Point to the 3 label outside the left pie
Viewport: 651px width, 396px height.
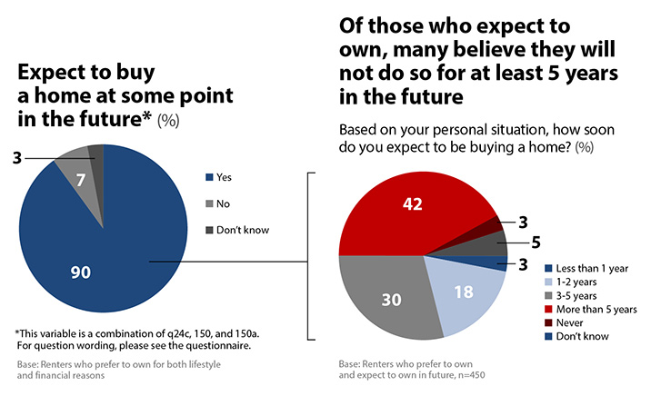[15, 157]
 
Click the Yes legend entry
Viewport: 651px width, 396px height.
[223, 178]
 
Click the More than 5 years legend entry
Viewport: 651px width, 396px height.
[590, 309]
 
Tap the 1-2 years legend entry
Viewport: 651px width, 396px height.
[571, 282]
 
